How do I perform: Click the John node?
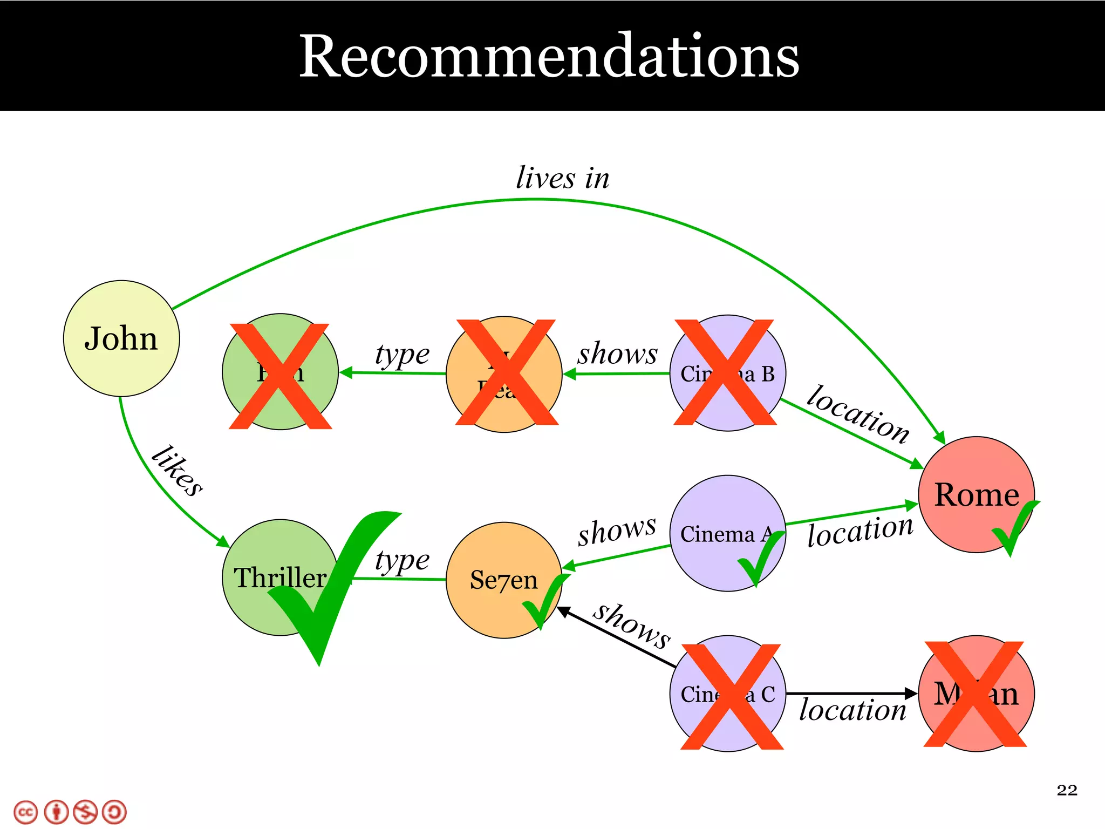pos(121,338)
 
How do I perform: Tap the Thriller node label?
pos(279,577)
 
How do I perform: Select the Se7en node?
pos(503,580)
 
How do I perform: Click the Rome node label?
pos(977,494)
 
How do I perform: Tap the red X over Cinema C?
pos(732,696)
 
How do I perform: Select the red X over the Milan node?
pos(974,694)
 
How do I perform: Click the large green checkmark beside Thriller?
pos(329,594)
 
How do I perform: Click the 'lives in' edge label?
pos(562,178)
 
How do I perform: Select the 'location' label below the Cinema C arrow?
pos(852,710)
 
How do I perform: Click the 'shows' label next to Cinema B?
pos(617,354)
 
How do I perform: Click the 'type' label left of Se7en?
pos(402,560)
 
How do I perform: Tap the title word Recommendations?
pos(549,56)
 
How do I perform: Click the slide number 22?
pos(1067,790)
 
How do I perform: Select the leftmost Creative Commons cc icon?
pos(25,812)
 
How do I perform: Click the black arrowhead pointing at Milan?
pos(911,694)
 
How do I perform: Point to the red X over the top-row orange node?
pos(506,372)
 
